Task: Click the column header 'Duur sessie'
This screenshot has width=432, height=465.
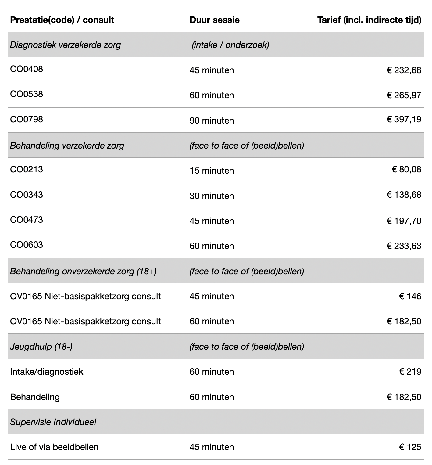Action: coord(214,20)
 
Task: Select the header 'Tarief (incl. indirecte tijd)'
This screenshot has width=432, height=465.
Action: coord(369,20)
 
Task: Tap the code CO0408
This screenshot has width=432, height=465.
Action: coord(27,69)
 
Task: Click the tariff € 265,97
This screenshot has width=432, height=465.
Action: coord(404,95)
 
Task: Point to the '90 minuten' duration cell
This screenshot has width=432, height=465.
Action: coord(212,121)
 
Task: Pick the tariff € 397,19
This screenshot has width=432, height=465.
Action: coord(404,119)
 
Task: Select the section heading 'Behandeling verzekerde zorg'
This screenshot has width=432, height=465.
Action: coord(67,146)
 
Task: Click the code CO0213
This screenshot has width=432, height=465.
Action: coord(27,169)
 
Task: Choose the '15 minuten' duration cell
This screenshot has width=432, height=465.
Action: coord(212,171)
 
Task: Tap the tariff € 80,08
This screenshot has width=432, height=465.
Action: coord(406,169)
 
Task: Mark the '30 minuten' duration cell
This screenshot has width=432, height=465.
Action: coord(212,196)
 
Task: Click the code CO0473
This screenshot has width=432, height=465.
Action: coord(27,220)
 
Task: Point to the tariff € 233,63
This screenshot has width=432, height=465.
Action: coord(404,246)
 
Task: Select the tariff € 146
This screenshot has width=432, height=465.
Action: coord(410,296)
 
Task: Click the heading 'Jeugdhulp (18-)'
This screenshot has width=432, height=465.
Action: coord(41,347)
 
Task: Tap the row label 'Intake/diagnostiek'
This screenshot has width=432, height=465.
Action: coord(47,372)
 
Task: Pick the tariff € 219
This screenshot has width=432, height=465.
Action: coord(410,372)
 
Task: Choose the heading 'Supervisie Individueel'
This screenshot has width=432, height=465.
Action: coord(53,422)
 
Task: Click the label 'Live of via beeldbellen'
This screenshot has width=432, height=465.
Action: coord(54,447)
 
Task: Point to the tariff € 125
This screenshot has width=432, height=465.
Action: coord(410,447)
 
